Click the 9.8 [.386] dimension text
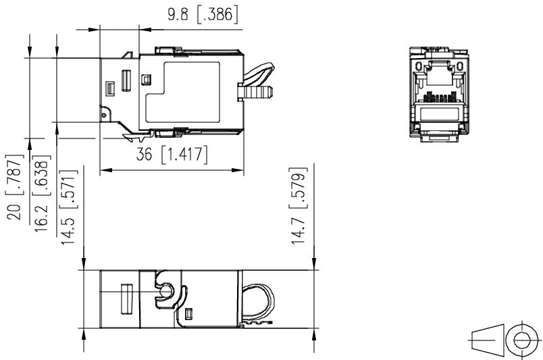tap(203, 14)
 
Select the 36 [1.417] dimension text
tap(172, 154)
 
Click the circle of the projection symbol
tap(521, 338)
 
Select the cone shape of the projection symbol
tap(487, 338)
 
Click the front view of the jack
tap(439, 93)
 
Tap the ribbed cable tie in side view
tap(255, 91)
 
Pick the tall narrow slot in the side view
tap(126, 80)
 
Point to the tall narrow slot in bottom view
tap(124, 299)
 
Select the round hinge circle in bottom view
tap(165, 291)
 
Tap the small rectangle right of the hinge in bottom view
tap(190, 313)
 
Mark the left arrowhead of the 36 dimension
tap(104, 170)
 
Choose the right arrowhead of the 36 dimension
tap(239, 170)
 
